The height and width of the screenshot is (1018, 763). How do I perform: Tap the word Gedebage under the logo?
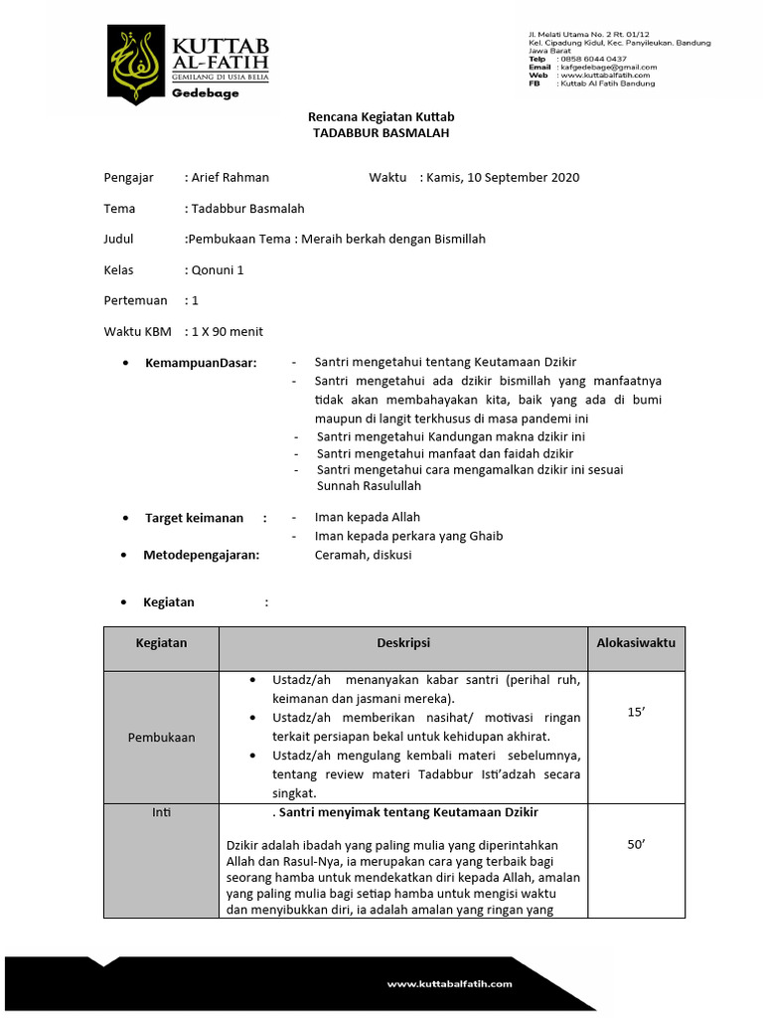click(x=205, y=92)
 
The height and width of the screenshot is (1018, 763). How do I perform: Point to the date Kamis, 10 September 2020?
click(x=503, y=178)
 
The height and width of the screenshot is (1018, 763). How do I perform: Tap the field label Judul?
click(x=118, y=240)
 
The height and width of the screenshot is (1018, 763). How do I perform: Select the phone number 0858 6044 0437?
click(x=593, y=59)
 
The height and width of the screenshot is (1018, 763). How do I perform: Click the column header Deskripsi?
click(x=402, y=644)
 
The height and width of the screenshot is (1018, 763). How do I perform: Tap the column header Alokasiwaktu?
click(x=636, y=644)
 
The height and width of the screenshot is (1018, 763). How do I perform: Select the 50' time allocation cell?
click(x=636, y=845)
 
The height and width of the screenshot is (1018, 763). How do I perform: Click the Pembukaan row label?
click(x=161, y=738)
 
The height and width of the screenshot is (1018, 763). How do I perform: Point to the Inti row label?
click(x=161, y=813)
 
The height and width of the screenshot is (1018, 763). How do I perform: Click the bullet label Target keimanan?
click(x=194, y=518)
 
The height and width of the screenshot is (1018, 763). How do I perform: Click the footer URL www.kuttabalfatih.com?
click(x=449, y=984)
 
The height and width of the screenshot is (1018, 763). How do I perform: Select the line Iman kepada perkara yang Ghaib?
click(x=408, y=537)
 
